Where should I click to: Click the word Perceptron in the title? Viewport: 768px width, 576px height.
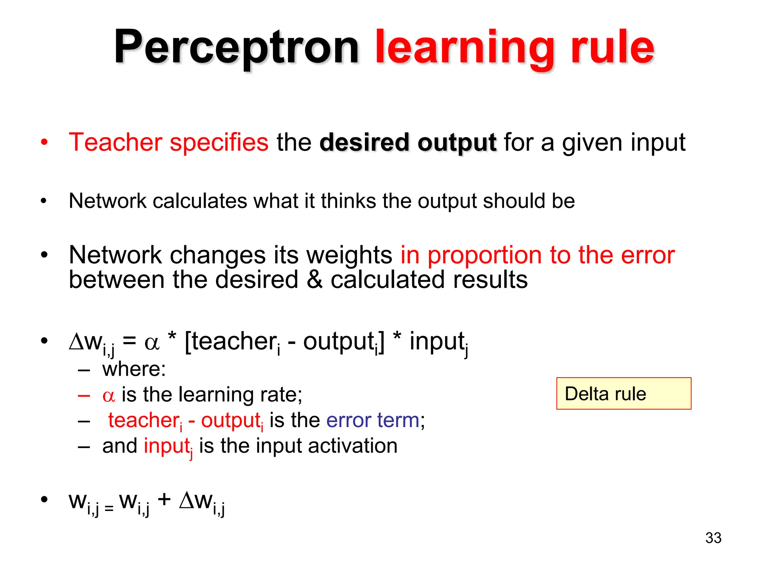click(236, 48)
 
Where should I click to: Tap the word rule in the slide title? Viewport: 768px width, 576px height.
click(612, 48)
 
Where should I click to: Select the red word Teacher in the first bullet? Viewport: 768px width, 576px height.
click(115, 142)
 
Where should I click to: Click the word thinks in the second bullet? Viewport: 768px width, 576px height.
click(348, 201)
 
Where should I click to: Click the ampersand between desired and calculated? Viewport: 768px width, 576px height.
click(314, 280)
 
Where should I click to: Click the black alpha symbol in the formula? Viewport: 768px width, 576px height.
click(152, 343)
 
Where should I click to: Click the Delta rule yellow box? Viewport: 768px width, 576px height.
click(623, 393)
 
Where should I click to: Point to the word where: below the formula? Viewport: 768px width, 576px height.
click(134, 369)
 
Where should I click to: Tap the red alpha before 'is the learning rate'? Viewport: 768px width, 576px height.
click(108, 396)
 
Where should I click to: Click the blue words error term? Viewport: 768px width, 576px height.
click(372, 420)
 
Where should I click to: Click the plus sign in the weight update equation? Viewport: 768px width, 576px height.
click(164, 499)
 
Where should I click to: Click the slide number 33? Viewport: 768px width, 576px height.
click(713, 538)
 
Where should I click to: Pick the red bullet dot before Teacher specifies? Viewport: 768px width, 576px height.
click(44, 142)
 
